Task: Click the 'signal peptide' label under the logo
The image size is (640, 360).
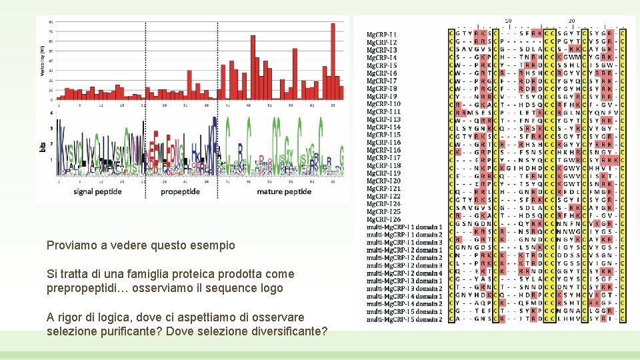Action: [97, 192]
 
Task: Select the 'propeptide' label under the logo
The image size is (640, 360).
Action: [180, 192]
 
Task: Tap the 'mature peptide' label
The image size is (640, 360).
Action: [285, 192]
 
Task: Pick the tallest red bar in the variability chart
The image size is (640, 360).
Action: [333, 61]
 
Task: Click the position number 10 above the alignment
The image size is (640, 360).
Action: [508, 21]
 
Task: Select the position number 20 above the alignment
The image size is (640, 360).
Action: [572, 21]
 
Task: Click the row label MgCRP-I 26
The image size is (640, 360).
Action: [384, 219]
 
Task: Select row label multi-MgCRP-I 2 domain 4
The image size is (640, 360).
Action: [404, 273]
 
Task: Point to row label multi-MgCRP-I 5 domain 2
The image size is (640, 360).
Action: [404, 319]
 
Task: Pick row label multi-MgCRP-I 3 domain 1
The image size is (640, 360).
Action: [404, 281]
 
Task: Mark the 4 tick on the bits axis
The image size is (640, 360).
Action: [52, 113]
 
